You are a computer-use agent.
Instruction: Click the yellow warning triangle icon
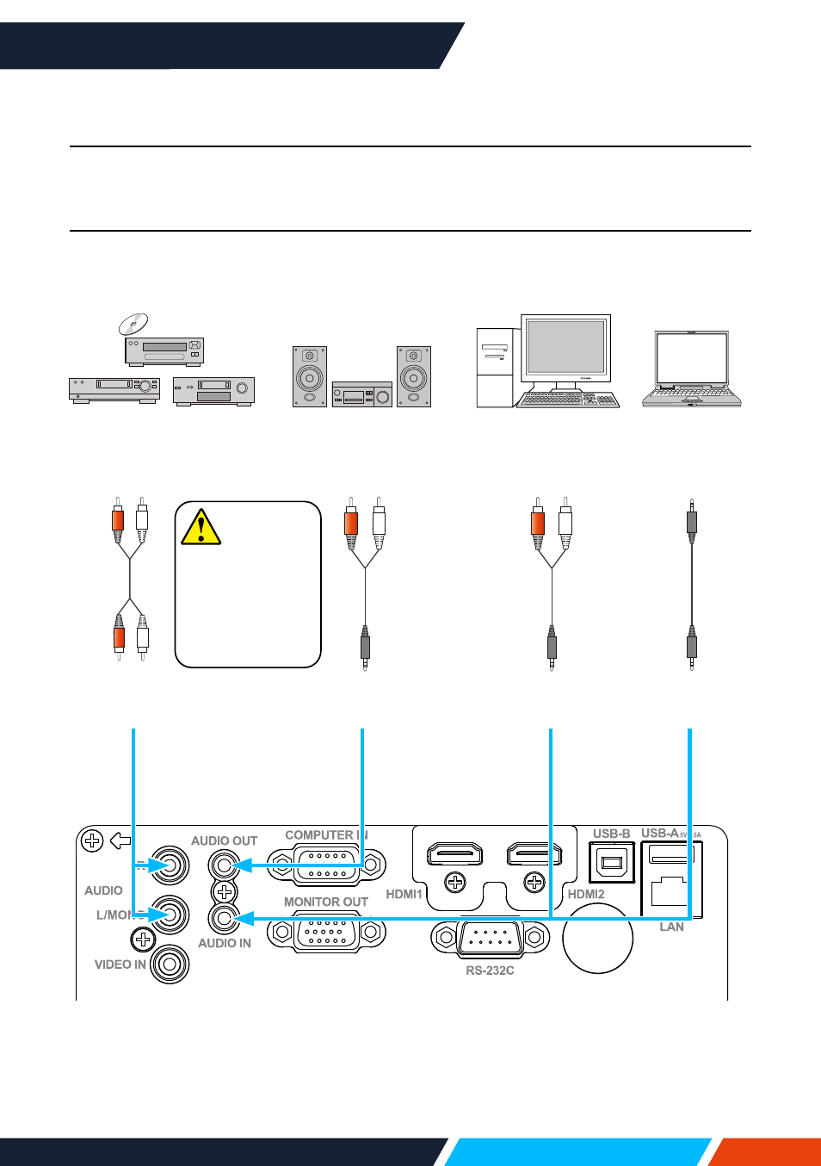(201, 528)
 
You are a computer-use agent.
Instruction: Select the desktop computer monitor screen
(565, 346)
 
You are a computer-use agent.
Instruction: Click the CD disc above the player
(133, 324)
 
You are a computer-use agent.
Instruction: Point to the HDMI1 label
(404, 894)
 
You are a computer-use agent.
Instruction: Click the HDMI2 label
(586, 894)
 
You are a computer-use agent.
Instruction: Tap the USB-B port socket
(612, 862)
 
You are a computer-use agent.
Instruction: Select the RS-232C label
(490, 971)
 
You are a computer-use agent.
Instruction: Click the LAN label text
(671, 927)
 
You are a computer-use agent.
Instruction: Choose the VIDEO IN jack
(170, 964)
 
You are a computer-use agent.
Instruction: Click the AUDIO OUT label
(224, 840)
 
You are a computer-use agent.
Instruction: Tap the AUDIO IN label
(224, 943)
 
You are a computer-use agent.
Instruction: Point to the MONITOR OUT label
(325, 902)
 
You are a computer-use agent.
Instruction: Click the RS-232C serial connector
(490, 938)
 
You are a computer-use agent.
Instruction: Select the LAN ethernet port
(669, 890)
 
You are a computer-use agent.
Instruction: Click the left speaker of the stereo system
(310, 376)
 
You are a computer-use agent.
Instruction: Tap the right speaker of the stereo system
(414, 376)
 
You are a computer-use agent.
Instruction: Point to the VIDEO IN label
(120, 964)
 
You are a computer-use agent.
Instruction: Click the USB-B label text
(611, 834)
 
